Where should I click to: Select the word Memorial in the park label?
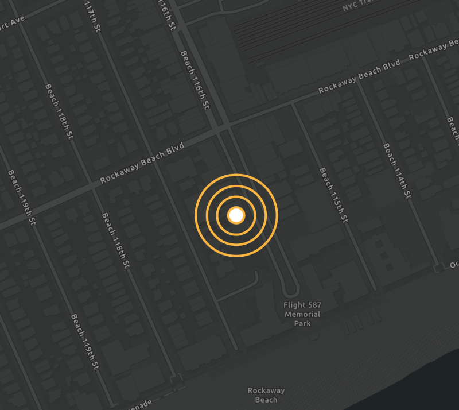[302, 314]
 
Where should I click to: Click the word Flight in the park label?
[294, 305]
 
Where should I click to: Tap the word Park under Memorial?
[302, 323]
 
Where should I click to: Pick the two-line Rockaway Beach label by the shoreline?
[266, 395]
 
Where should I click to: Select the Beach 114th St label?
[397, 171]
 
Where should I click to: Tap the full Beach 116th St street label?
[196, 81]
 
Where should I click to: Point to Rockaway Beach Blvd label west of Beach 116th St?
[142, 163]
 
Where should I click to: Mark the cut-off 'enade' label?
[140, 404]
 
